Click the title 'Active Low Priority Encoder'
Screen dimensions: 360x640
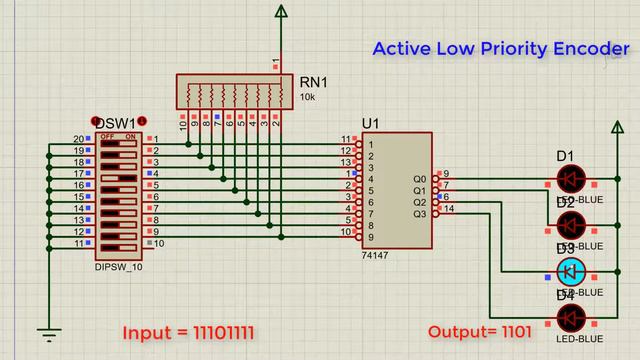tap(500, 48)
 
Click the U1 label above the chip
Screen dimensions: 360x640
tap(371, 123)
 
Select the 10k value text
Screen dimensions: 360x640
tap(309, 97)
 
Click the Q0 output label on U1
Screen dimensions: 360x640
tap(418, 179)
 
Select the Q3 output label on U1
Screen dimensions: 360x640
tap(418, 214)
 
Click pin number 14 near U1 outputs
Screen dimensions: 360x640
tap(449, 208)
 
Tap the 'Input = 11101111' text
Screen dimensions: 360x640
tap(185, 331)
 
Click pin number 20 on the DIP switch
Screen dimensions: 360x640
tap(77, 139)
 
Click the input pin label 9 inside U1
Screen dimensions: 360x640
tap(371, 237)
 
